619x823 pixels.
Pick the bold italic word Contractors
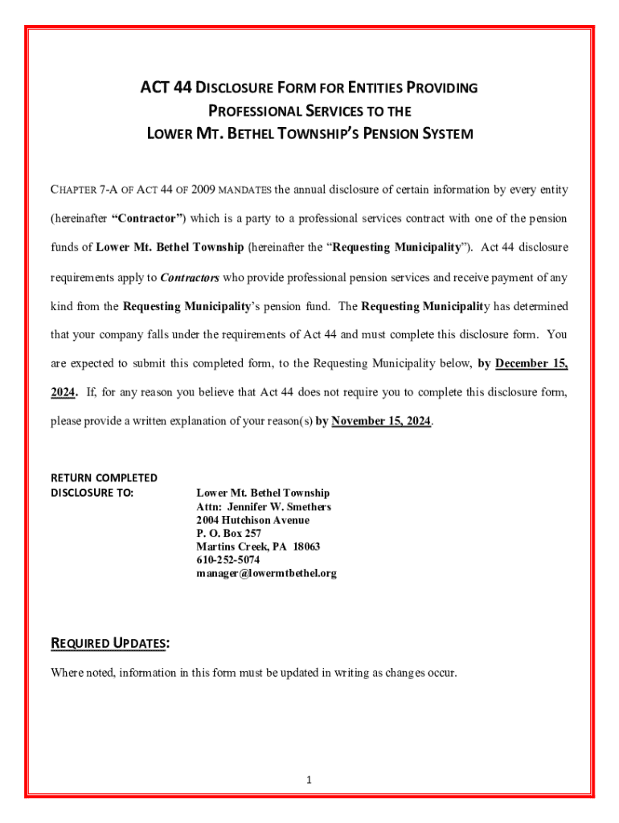pyautogui.click(x=190, y=278)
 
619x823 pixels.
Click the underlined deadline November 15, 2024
pyautogui.click(x=381, y=421)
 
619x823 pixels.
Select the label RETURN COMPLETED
pyautogui.click(x=104, y=477)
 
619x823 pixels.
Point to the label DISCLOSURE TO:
pyautogui.click(x=92, y=493)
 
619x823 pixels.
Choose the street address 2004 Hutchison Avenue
pyautogui.click(x=252, y=520)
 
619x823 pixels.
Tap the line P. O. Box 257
pyautogui.click(x=229, y=534)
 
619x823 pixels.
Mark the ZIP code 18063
pyautogui.click(x=305, y=547)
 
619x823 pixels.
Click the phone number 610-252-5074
pyautogui.click(x=228, y=560)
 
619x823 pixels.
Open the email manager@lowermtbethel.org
pyautogui.click(x=266, y=574)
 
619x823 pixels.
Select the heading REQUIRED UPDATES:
pyautogui.click(x=110, y=644)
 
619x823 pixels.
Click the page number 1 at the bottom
pyautogui.click(x=309, y=780)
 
